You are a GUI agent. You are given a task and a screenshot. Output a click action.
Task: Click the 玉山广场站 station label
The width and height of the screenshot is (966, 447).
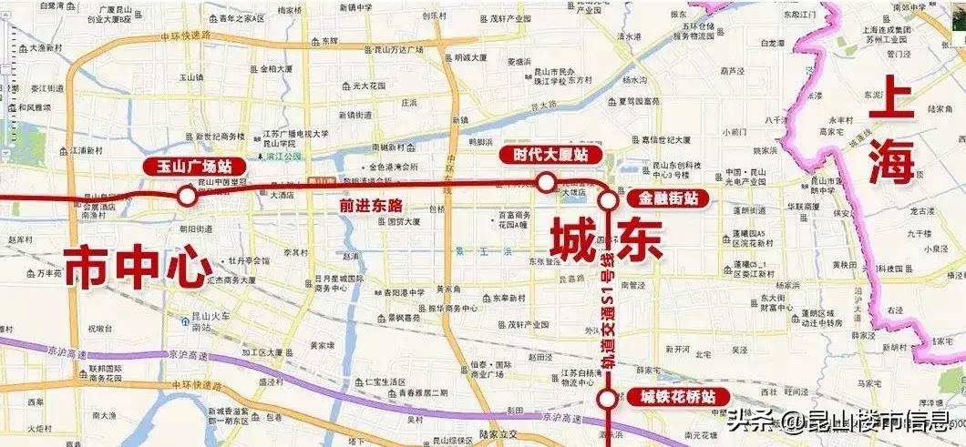pos(189,167)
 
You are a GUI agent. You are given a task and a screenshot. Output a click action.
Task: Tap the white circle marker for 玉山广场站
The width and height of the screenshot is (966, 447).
pos(187,195)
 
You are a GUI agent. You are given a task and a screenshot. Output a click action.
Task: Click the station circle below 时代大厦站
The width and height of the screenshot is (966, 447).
pos(545,183)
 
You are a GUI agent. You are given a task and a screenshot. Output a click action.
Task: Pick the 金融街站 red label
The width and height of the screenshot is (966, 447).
pos(667,197)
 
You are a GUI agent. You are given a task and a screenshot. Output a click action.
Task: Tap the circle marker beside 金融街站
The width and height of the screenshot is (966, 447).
pos(607,199)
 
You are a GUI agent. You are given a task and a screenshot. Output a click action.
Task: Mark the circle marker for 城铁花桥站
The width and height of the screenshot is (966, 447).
pos(606,399)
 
